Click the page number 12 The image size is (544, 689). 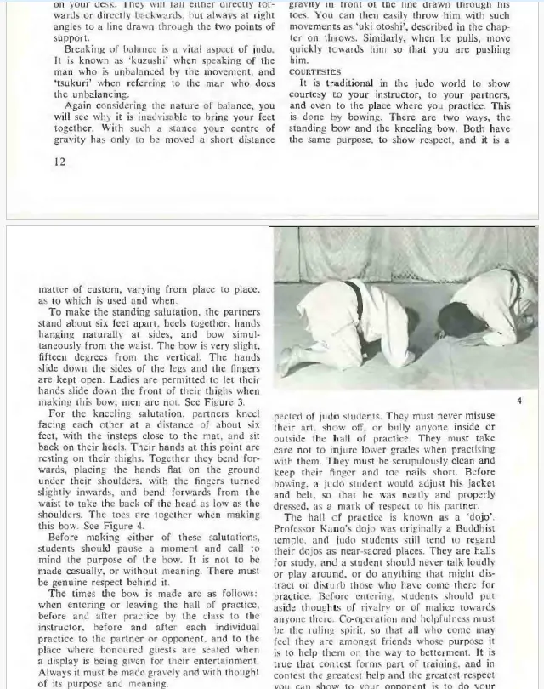pyautogui.click(x=59, y=162)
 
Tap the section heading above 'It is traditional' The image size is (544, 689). pyautogui.click(x=314, y=72)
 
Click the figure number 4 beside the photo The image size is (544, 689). pyautogui.click(x=518, y=400)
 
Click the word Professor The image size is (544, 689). pyautogui.click(x=297, y=531)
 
